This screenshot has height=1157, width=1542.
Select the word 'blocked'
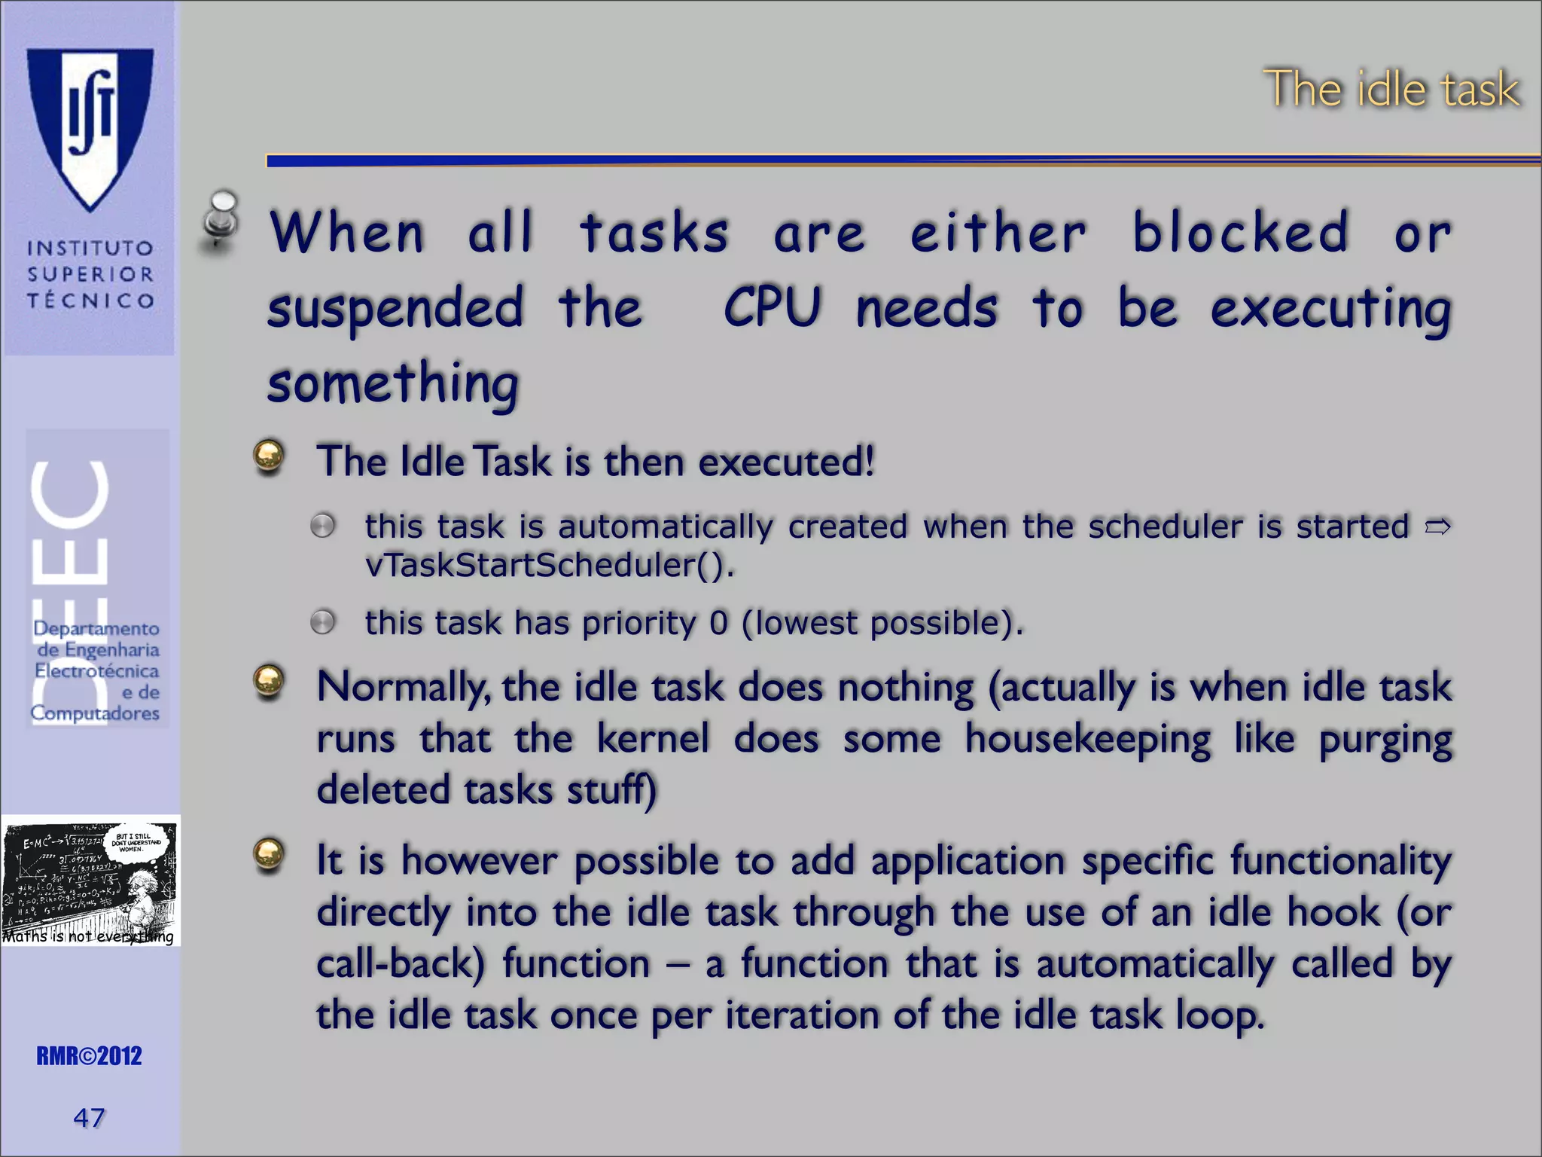[x=1240, y=232]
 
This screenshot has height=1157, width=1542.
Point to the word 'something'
[x=393, y=383]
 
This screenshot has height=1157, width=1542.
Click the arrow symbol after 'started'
[x=1437, y=527]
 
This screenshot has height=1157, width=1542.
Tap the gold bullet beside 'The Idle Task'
[x=269, y=456]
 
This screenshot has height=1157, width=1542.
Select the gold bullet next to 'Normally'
[x=269, y=682]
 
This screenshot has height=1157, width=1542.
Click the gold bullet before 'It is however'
[x=269, y=855]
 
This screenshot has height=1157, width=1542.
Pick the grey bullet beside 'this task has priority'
[x=323, y=622]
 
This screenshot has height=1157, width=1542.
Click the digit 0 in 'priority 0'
[x=719, y=623]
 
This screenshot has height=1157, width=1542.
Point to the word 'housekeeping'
[x=1087, y=739]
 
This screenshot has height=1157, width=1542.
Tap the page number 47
[x=89, y=1117]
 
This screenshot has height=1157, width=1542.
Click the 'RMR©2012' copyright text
[x=89, y=1056]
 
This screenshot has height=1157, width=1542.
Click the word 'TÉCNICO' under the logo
[x=90, y=301]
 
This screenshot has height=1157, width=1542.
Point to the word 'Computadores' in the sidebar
[x=95, y=713]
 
